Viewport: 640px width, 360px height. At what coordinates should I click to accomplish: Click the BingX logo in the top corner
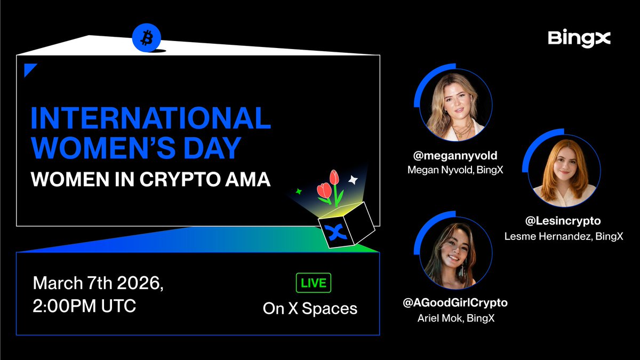(579, 39)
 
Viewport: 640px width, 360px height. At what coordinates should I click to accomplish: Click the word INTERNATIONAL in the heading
(150, 118)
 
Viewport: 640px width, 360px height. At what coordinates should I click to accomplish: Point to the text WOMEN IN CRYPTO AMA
(150, 179)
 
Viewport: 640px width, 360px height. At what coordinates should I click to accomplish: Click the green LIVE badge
(313, 283)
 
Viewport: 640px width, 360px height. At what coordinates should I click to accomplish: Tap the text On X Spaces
(310, 308)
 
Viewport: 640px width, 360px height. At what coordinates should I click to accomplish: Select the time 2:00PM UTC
(84, 307)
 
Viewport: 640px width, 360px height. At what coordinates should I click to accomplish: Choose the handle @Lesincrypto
(563, 220)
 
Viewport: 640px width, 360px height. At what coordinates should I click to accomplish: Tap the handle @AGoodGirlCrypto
(455, 303)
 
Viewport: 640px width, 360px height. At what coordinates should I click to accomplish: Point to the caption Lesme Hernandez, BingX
(563, 236)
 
